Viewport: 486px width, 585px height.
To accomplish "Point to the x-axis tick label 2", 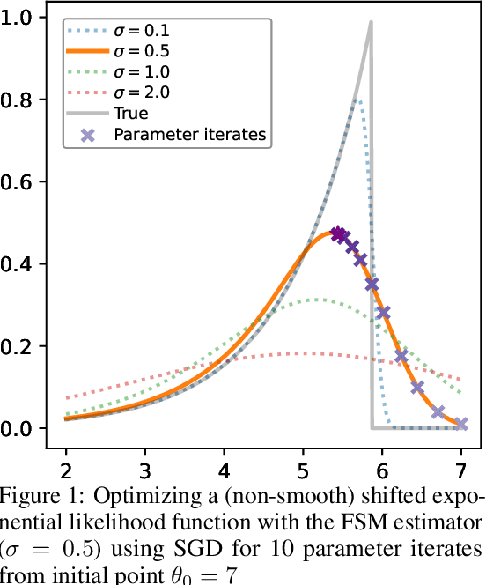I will pyautogui.click(x=66, y=465).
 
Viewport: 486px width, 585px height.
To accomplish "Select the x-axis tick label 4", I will pyautogui.click(x=225, y=465).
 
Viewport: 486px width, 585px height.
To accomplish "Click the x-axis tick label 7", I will pyautogui.click(x=461, y=465).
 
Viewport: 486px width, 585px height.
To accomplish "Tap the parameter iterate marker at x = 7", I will pyautogui.click(x=461, y=424).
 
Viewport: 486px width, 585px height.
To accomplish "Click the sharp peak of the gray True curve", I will pyautogui.click(x=371, y=24).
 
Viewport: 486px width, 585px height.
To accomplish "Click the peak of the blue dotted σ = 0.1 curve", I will pyautogui.click(x=357, y=100).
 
